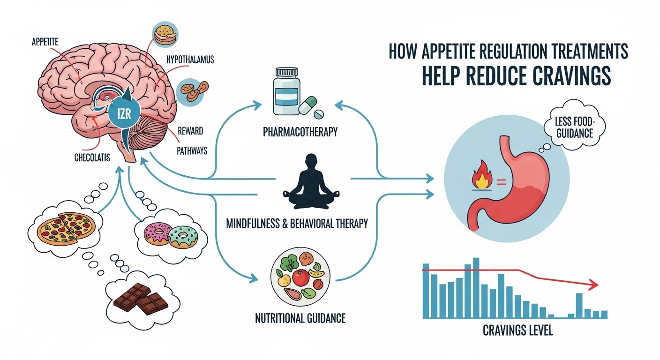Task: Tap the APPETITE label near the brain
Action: tap(46, 42)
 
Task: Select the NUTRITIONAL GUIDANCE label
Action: tap(300, 319)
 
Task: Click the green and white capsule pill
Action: tap(307, 105)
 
